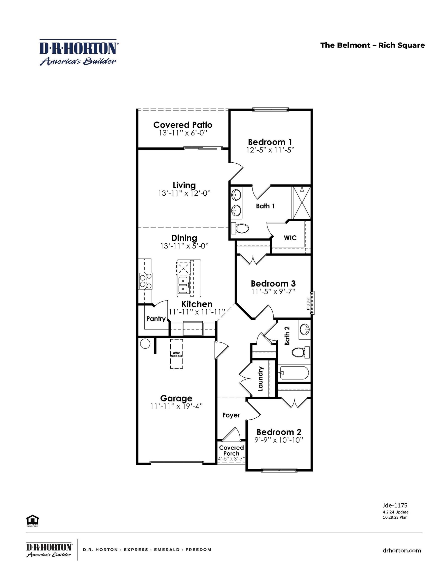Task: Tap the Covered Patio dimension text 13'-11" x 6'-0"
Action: point(183,133)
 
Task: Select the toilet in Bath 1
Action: point(240,228)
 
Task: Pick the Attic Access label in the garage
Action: point(176,354)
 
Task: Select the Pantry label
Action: point(156,319)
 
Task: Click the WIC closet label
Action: point(290,238)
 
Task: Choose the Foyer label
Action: point(231,415)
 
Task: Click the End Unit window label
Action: point(309,304)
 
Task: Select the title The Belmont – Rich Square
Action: point(372,45)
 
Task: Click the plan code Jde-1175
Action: point(395,505)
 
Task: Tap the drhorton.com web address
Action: point(402,551)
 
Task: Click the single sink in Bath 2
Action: point(305,329)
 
